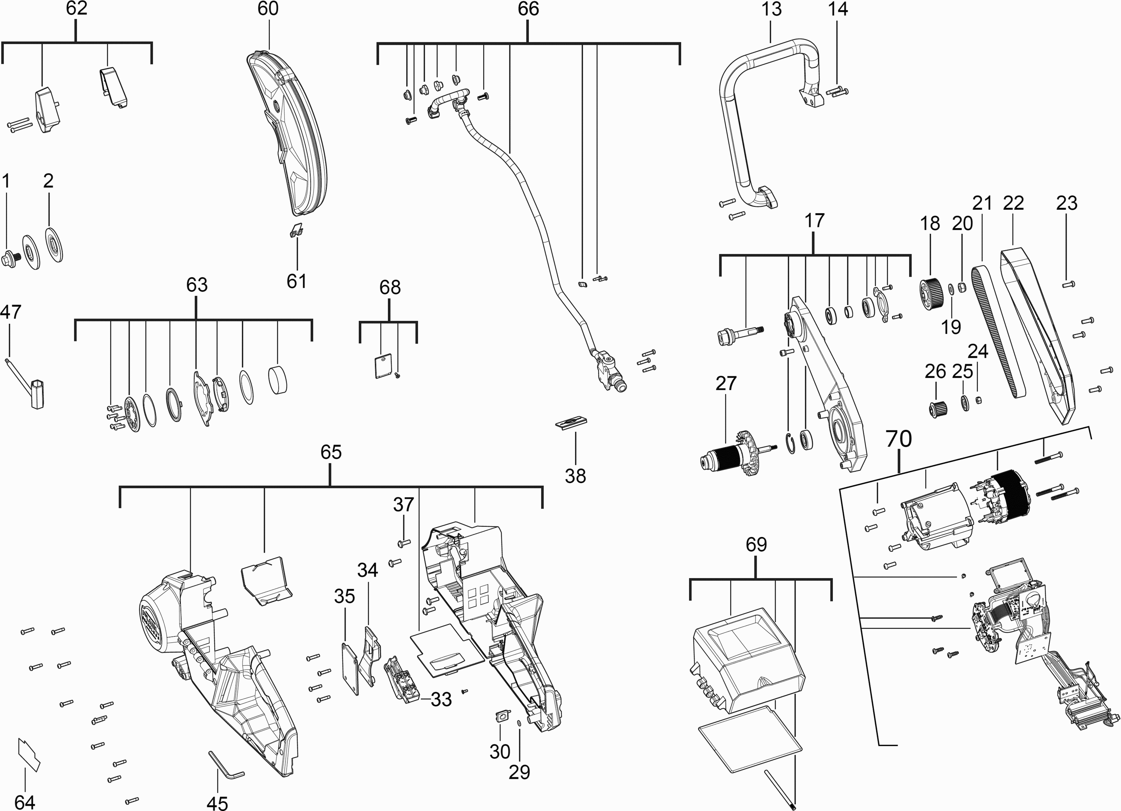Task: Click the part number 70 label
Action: coord(899,439)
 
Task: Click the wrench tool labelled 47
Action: coord(28,383)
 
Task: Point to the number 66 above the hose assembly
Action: coord(528,9)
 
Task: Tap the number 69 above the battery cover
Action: coord(756,544)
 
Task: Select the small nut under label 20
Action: coord(962,287)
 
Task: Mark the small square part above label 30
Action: coord(502,716)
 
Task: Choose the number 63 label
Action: coord(197,285)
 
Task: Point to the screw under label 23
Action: coord(1069,284)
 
